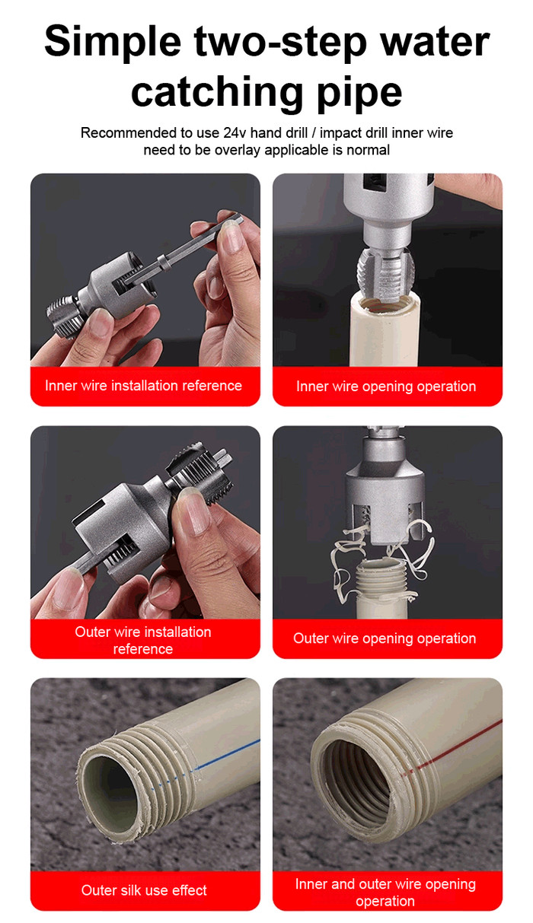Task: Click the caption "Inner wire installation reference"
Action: [143, 386]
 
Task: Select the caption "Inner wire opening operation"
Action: [386, 387]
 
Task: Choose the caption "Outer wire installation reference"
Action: [143, 640]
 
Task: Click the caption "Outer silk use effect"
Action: [144, 890]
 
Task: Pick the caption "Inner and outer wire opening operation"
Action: [385, 893]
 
